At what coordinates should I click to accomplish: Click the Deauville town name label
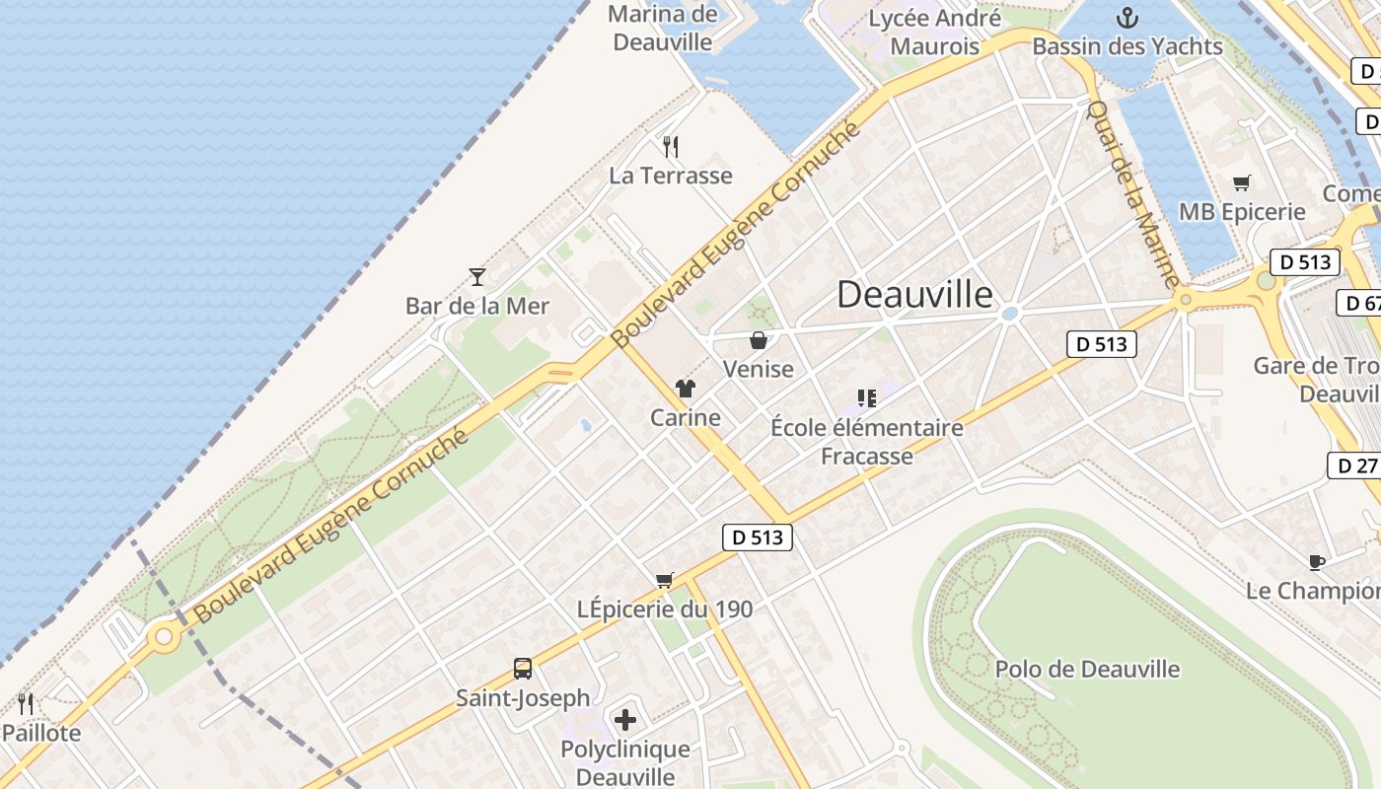pos(914,294)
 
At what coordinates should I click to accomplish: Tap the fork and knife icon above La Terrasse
pos(671,147)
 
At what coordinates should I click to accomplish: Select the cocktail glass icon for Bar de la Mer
pos(477,277)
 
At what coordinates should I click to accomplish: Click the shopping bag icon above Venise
pos(759,341)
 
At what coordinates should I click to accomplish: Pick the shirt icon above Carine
pos(686,389)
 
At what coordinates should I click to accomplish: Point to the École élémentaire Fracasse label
pos(867,441)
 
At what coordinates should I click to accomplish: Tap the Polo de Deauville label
pos(1087,669)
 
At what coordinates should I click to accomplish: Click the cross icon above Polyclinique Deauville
pos(625,720)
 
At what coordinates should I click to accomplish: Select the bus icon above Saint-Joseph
pos(523,669)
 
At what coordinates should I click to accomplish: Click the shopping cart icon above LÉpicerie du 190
pos(665,580)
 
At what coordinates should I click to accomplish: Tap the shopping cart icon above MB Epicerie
pos(1242,182)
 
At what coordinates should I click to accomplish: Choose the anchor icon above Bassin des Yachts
pos(1127,18)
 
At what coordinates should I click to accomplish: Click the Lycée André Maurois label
pos(934,32)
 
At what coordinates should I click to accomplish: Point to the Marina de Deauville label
pos(663,28)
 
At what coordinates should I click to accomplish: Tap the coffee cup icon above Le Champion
pos(1316,562)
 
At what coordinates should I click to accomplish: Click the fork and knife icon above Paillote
pos(26,704)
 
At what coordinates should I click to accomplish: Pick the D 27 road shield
pos(1353,466)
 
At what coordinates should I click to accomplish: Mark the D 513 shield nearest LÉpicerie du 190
pos(759,537)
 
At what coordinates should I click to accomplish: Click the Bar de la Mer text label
pos(477,306)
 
